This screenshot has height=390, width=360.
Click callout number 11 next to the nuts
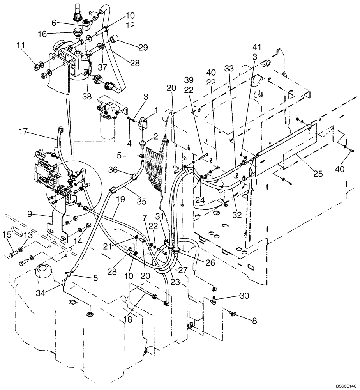pos(21,47)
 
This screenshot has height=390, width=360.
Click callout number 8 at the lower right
pos(254,322)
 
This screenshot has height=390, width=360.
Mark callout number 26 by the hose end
pos(210,262)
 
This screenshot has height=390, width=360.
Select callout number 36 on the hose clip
pos(113,170)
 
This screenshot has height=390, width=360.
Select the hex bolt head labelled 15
pos(12,254)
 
